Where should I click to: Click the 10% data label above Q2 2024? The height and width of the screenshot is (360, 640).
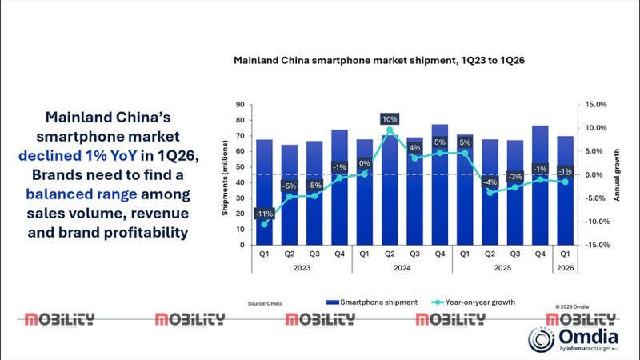click(390, 119)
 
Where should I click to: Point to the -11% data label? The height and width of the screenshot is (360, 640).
click(264, 214)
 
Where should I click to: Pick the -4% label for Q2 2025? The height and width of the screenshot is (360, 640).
click(490, 182)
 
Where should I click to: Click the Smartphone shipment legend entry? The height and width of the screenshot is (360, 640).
click(368, 302)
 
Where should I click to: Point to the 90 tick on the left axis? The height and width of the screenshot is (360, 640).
click(239, 105)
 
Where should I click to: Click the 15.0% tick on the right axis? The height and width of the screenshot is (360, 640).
click(596, 105)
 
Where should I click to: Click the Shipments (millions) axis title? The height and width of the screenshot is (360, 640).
click(226, 175)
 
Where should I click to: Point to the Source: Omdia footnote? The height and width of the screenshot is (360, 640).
click(265, 304)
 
